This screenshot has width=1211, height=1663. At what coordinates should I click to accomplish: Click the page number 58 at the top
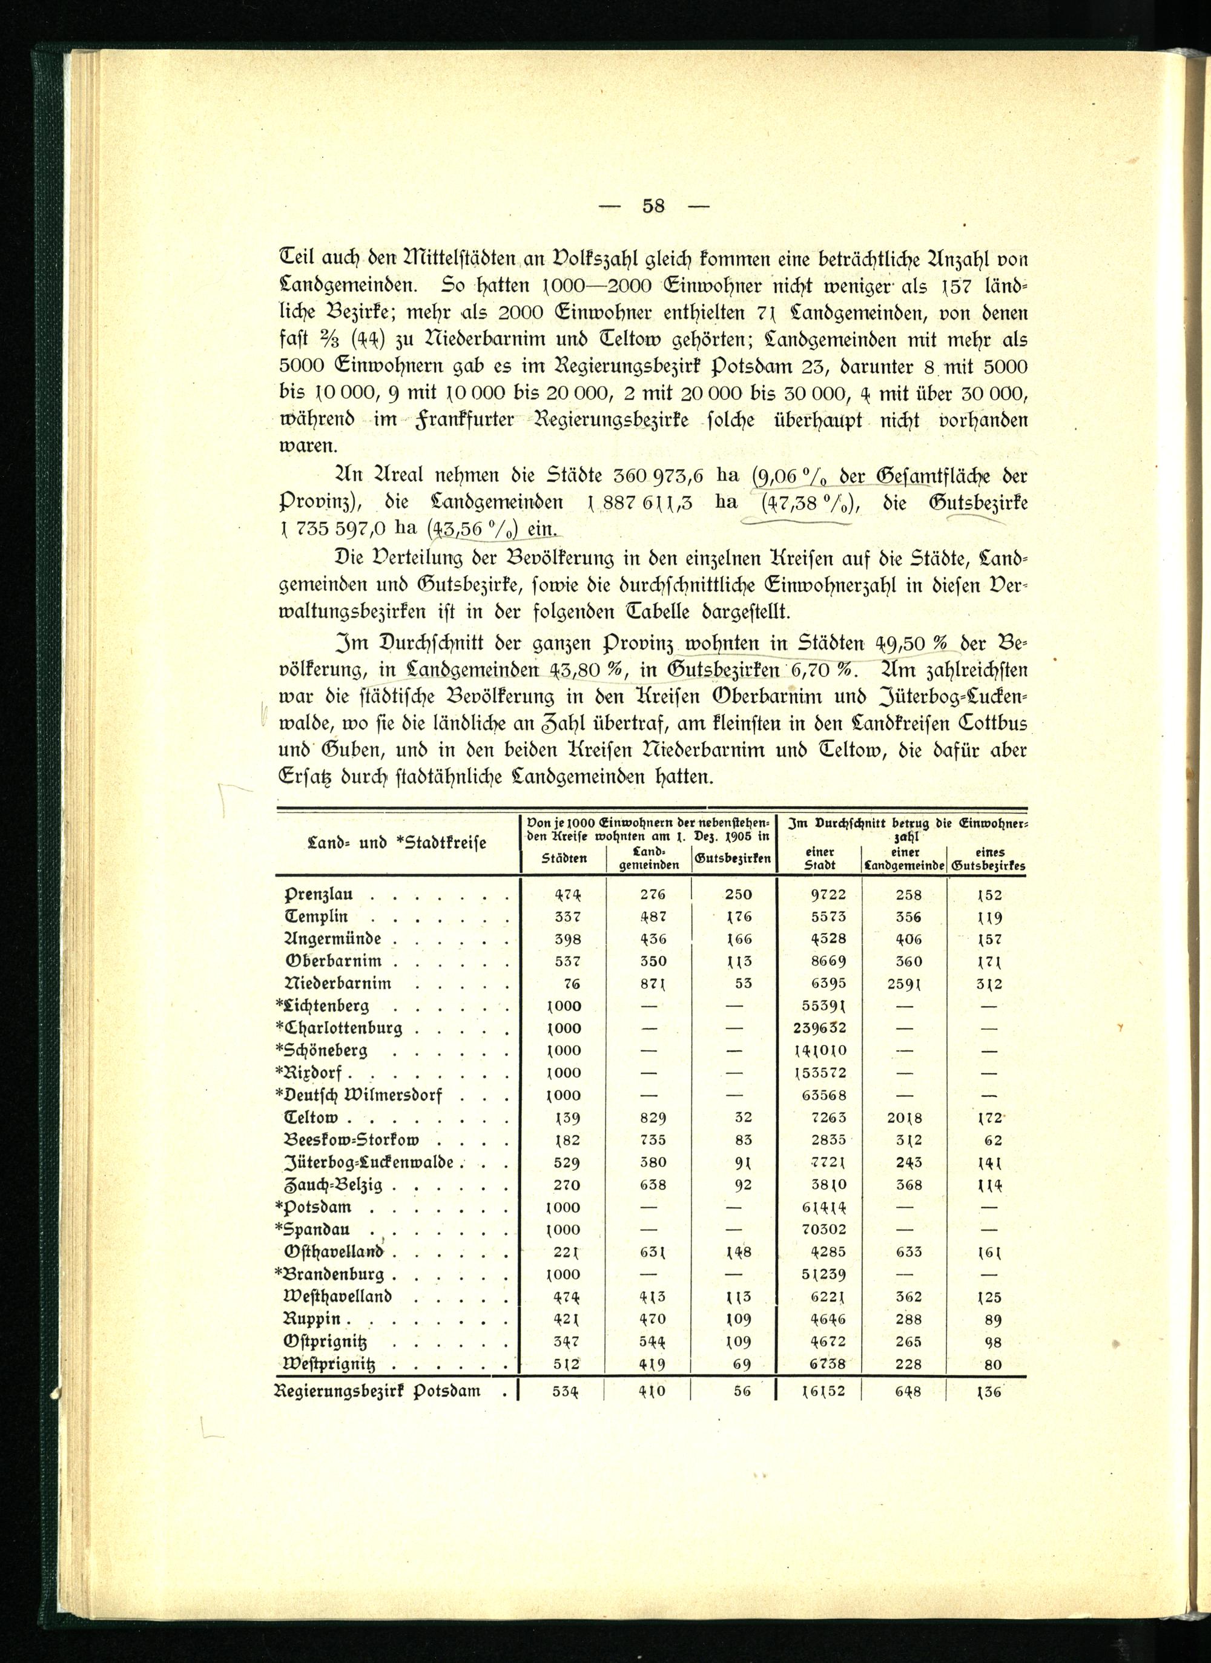pyautogui.click(x=653, y=206)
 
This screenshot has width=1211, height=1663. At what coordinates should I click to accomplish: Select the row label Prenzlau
pyautogui.click(x=319, y=895)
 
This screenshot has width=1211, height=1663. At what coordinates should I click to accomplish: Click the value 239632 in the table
pyautogui.click(x=819, y=1028)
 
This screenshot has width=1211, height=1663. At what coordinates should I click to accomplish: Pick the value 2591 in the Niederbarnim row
pyautogui.click(x=905, y=983)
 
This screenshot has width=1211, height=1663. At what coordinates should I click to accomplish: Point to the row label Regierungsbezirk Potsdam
pyautogui.click(x=377, y=1390)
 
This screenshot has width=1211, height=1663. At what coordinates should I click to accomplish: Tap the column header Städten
pyautogui.click(x=564, y=858)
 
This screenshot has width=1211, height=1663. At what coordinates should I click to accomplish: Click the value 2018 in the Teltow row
pyautogui.click(x=905, y=1118)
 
